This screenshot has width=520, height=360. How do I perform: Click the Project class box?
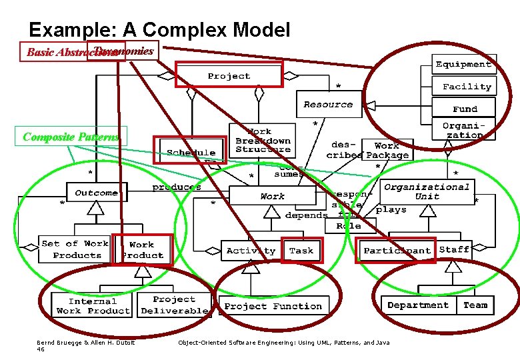point(229,75)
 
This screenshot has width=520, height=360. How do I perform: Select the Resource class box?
point(327,104)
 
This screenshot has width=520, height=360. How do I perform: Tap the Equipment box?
point(463,64)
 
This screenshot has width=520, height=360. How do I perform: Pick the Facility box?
point(466,87)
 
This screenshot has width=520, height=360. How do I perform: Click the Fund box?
point(465,109)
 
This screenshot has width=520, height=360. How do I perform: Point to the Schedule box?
point(191,152)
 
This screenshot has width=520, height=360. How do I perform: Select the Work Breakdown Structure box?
point(263,140)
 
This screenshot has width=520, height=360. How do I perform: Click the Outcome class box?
point(96,193)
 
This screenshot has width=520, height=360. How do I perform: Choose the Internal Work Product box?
point(92,306)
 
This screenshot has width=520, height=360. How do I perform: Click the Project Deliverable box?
point(174,305)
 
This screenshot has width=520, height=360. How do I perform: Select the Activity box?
point(251,251)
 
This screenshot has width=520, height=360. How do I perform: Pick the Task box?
point(301,251)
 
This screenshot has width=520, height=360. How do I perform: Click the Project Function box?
point(273,306)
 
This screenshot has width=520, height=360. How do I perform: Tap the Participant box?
point(396,251)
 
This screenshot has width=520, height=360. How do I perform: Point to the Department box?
point(418,305)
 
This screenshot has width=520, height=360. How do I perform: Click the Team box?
point(475,305)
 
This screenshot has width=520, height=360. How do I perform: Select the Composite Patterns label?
point(71,137)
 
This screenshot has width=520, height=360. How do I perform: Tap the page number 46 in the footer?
point(41,349)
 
